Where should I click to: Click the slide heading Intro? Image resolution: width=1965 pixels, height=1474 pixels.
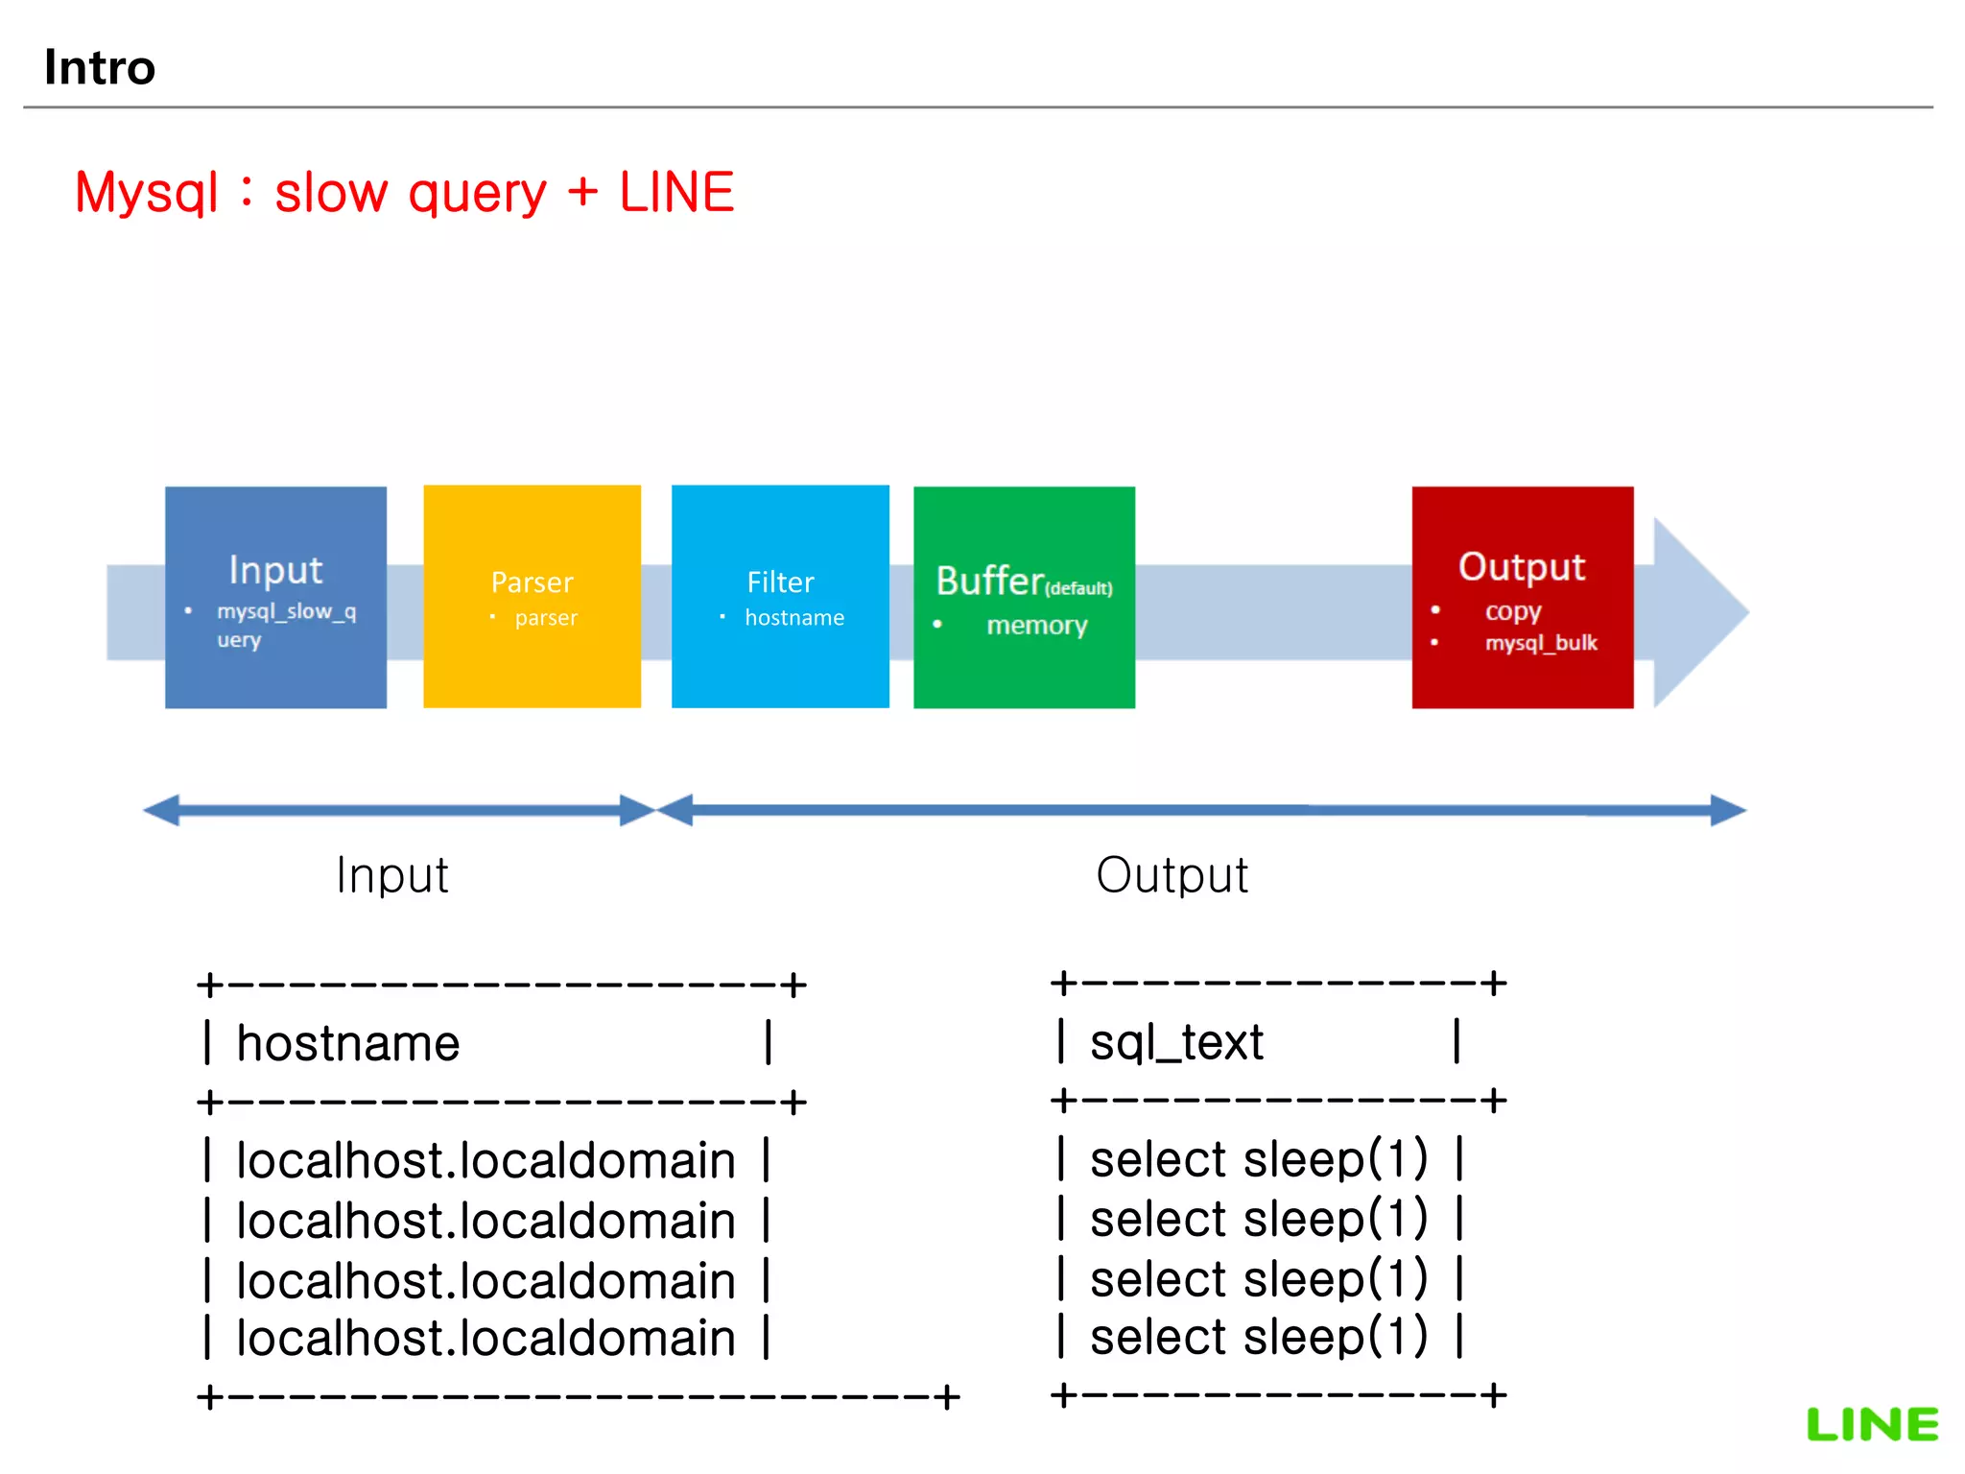coord(100,68)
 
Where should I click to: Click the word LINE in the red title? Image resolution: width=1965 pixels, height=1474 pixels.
coord(676,193)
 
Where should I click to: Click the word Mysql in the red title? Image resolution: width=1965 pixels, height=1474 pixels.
coord(147,193)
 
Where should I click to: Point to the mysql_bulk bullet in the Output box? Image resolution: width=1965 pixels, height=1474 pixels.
coord(1541,643)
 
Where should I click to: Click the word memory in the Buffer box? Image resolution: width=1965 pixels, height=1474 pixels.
coord(1037,626)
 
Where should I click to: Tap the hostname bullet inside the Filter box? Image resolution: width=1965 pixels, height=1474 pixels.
coord(794,618)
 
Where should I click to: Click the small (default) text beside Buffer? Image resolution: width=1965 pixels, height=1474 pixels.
coord(1078,588)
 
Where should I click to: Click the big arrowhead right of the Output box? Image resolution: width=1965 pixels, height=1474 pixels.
coord(1698,612)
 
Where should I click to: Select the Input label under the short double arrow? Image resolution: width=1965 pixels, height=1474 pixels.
coord(392,875)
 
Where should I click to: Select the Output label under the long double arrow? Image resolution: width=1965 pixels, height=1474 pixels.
coord(1172,875)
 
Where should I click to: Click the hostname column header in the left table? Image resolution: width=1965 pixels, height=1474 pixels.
coord(348,1043)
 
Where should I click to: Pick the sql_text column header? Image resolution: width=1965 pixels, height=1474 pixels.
coord(1176,1042)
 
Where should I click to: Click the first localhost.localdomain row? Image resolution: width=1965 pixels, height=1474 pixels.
coord(485,1160)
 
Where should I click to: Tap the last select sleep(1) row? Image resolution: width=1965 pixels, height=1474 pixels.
coord(1259,1337)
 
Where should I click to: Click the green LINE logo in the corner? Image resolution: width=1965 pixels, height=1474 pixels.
coord(1872,1424)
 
